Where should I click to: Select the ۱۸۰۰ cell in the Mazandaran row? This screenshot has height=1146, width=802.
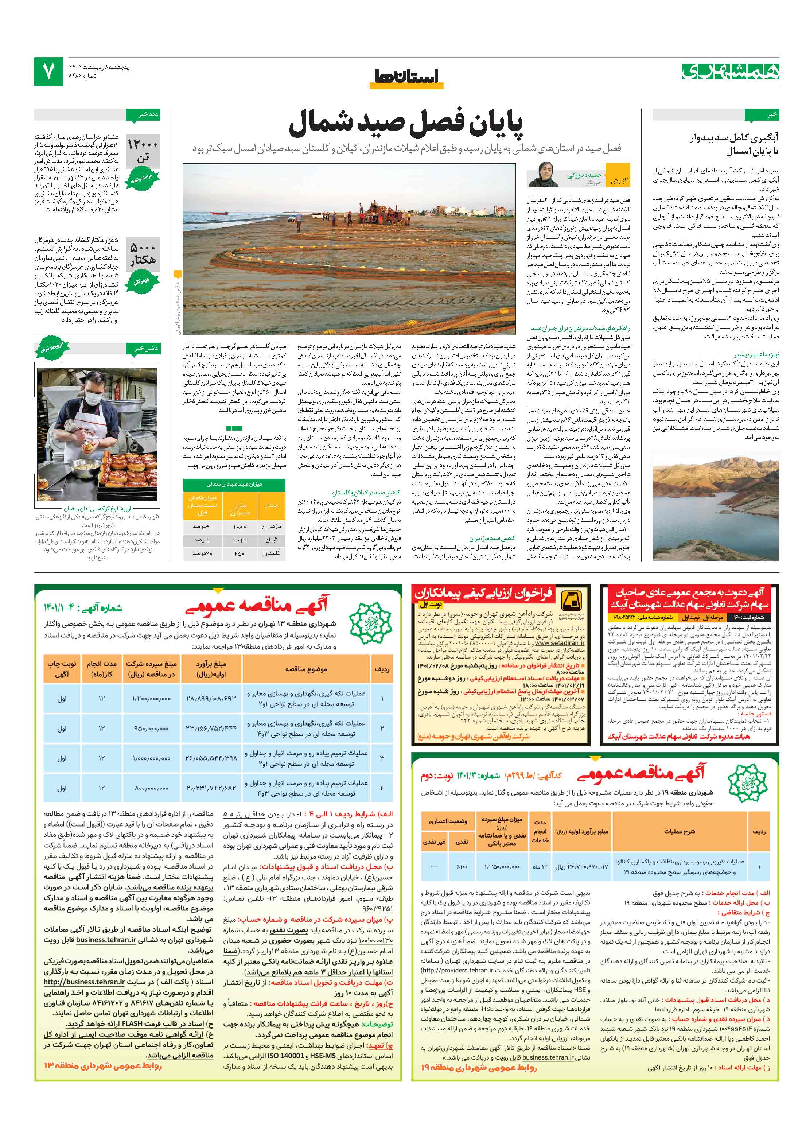click(x=240, y=527)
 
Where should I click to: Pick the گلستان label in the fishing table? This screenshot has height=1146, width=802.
click(x=271, y=553)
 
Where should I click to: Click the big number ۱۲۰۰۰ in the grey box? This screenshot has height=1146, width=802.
click(x=143, y=144)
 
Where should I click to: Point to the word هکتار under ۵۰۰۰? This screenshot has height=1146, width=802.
click(x=143, y=260)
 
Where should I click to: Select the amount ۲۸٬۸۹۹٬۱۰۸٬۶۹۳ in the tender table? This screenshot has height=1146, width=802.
click(x=211, y=698)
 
